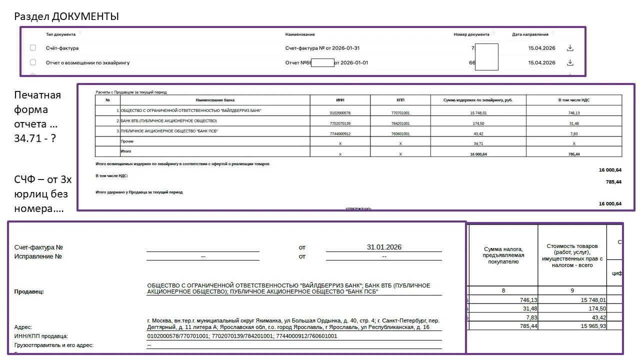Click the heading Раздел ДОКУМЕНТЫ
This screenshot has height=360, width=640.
point(66,16)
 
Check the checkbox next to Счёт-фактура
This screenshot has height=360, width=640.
point(33,48)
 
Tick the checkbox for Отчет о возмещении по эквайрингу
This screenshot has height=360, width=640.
point(33,62)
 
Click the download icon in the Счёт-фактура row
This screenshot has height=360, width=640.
point(569,48)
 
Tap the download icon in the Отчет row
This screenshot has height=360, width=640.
point(569,62)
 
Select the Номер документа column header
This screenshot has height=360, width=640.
point(471,34)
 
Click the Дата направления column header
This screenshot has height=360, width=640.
point(530,34)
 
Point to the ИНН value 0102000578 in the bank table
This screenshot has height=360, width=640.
point(340,113)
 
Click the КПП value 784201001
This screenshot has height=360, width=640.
point(400,123)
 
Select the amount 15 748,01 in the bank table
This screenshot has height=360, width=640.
point(478,113)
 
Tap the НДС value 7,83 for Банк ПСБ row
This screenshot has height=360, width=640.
point(573,133)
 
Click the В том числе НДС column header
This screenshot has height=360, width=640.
point(573,100)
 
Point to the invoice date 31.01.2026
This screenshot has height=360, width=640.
point(384,247)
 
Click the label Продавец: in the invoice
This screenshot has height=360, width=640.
point(29,291)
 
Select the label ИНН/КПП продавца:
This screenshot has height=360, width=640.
point(41,336)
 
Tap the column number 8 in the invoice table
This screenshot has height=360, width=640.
point(502,289)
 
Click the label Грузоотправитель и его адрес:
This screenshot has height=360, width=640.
point(54,345)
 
